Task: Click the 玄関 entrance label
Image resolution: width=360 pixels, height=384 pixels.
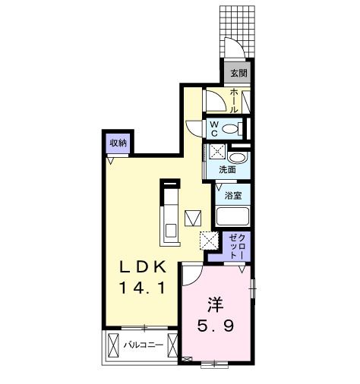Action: (x=238, y=73)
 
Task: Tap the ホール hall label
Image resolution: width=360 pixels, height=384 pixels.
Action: (x=234, y=101)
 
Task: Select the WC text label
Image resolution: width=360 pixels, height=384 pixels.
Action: (x=214, y=129)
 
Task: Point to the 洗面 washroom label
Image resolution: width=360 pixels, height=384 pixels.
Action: (x=227, y=170)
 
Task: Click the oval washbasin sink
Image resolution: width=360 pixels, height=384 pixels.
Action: (x=237, y=159)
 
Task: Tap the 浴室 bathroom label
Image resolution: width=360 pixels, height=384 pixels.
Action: (x=233, y=196)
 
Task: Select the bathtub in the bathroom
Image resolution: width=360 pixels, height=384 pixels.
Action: (x=232, y=216)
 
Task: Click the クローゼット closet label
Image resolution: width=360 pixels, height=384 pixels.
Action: (x=237, y=246)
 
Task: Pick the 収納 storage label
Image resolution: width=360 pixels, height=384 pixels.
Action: (x=118, y=143)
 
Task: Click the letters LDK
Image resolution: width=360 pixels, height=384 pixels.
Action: (x=144, y=267)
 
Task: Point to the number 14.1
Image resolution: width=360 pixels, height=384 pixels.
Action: (x=142, y=288)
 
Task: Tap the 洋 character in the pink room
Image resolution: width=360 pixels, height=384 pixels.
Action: (x=216, y=304)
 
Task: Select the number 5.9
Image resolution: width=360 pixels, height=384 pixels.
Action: (x=216, y=326)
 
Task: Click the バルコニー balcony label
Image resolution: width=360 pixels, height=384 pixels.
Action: (x=144, y=345)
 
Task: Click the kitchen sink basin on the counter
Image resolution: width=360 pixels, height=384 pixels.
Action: (x=171, y=231)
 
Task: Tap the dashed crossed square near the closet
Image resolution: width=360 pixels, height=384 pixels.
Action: (x=209, y=241)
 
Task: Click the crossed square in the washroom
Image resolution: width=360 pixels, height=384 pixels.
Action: (x=217, y=151)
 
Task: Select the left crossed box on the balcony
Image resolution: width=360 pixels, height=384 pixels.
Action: (x=113, y=345)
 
